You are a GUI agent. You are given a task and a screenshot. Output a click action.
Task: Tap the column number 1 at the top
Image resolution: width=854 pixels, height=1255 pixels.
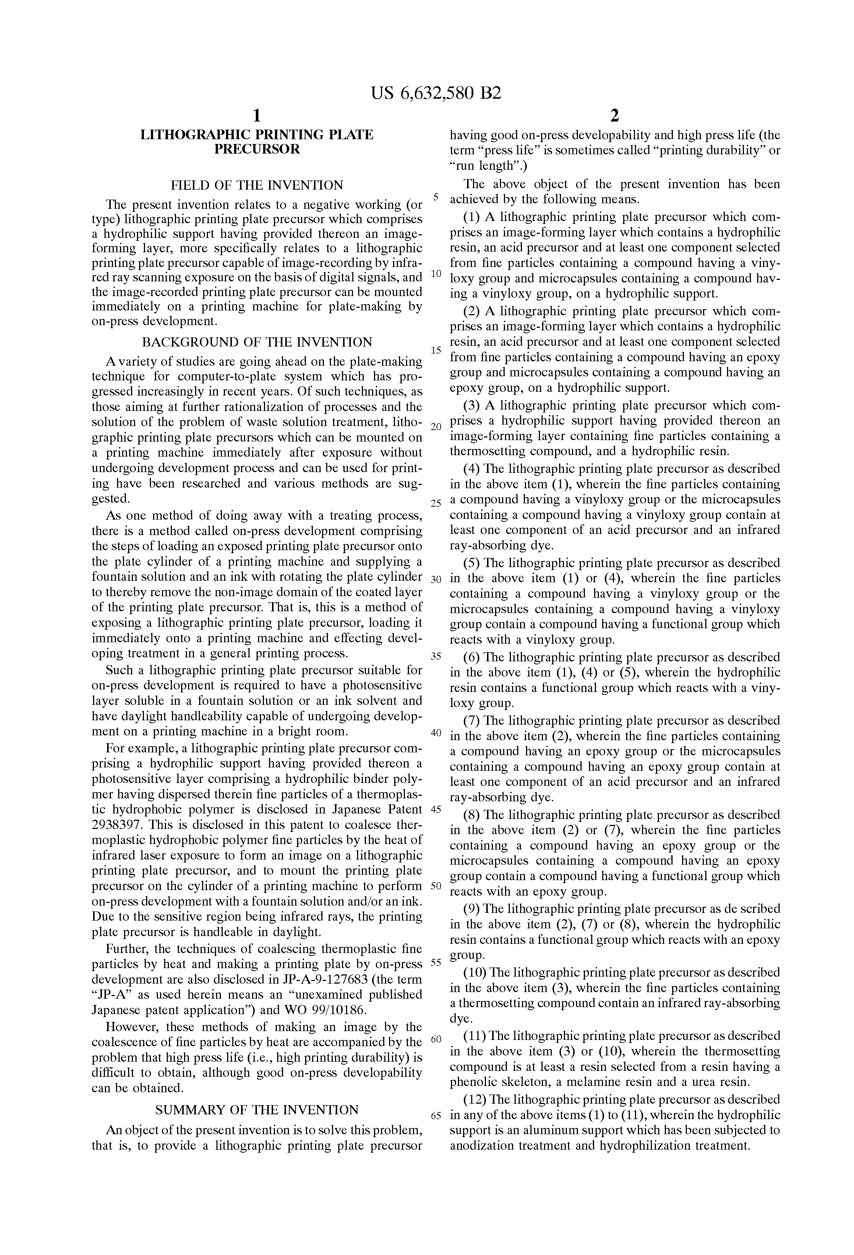click(257, 116)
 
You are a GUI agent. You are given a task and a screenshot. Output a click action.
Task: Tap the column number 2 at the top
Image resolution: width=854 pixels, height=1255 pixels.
click(614, 116)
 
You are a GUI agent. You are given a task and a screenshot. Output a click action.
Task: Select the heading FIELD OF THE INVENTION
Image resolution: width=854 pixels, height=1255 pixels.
click(257, 185)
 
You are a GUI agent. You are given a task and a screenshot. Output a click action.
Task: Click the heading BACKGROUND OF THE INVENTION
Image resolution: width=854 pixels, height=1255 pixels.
click(257, 342)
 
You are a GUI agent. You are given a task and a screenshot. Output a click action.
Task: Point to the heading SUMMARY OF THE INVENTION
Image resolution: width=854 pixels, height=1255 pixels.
click(257, 1110)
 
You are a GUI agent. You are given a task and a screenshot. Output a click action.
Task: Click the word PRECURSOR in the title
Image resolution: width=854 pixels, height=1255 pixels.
click(257, 150)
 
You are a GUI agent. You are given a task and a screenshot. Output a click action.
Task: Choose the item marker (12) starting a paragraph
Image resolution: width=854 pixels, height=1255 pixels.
click(476, 1100)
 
